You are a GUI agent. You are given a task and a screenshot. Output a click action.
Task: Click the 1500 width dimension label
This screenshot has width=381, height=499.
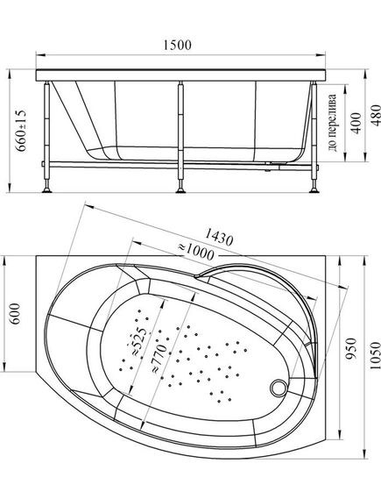coord(177,45)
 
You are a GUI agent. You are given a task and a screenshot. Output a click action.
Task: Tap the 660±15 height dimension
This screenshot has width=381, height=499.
coord(21,131)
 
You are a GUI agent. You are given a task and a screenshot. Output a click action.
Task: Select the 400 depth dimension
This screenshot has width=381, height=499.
coord(356,123)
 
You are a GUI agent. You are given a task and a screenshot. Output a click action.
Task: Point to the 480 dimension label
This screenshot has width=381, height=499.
coord(375,115)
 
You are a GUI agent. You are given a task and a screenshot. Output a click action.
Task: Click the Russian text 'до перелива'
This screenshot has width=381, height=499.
coord(332,123)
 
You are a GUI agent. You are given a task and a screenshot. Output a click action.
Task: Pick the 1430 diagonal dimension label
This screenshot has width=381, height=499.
coord(219,237)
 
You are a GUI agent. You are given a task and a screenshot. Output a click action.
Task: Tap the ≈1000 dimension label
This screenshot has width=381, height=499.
coord(195,252)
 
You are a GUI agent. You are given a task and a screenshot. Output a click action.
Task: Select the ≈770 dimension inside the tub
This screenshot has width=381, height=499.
coord(159,358)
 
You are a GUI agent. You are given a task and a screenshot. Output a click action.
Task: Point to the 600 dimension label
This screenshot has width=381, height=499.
coord(15,314)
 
